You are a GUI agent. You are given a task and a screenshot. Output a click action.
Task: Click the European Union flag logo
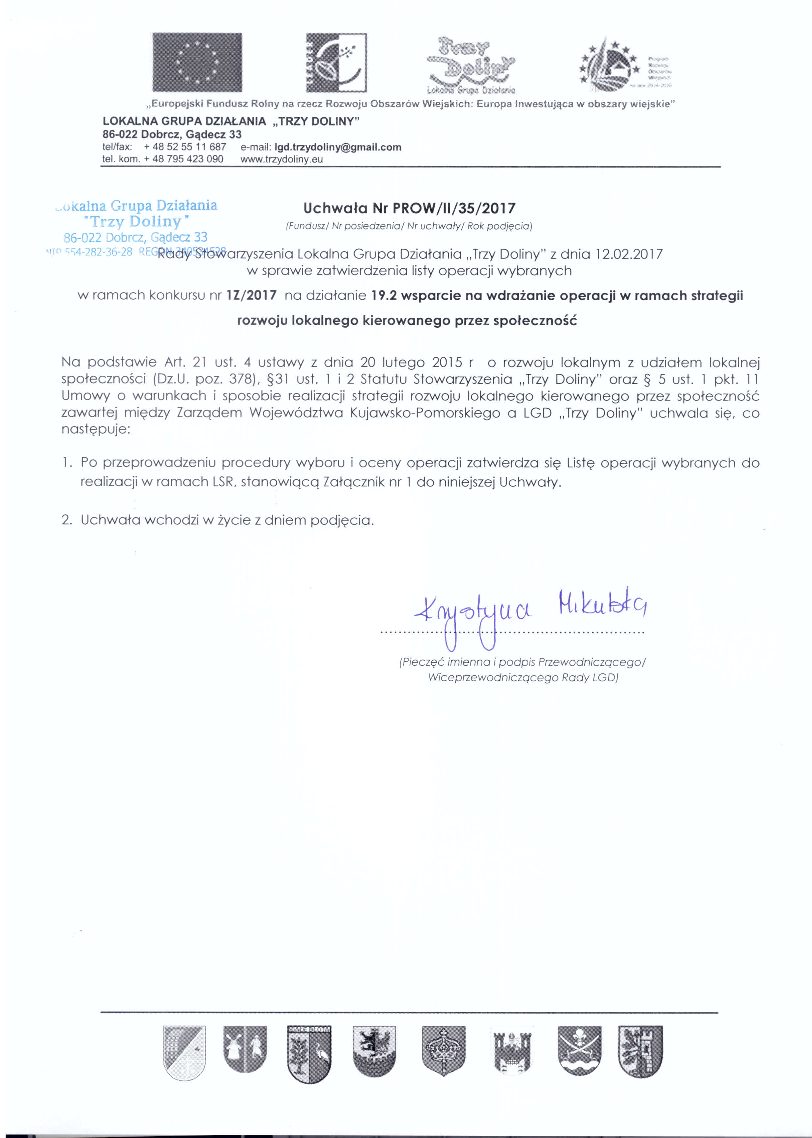[197, 63]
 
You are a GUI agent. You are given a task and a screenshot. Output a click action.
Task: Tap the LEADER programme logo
[336, 63]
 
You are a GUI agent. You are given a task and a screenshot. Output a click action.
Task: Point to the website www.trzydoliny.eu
[281, 159]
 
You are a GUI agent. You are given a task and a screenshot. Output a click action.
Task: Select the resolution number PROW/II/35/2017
[454, 208]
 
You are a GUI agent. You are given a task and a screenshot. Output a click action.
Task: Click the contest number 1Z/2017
[251, 295]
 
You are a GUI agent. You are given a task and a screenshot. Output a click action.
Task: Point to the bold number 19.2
[384, 296]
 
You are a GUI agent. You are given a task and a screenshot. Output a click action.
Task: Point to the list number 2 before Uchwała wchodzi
[67, 521]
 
